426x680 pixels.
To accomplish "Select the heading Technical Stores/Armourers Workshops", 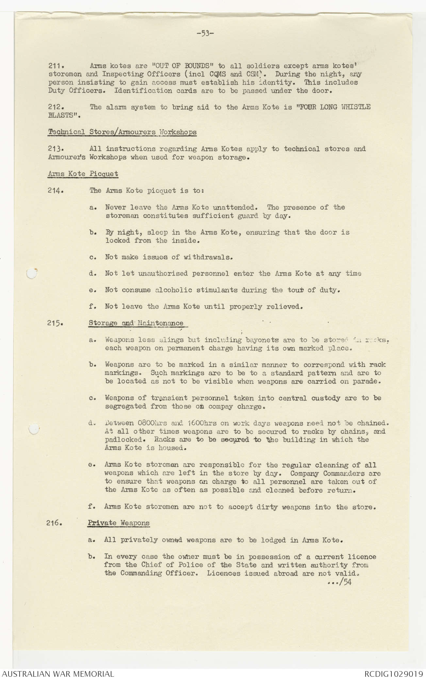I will click(122, 132).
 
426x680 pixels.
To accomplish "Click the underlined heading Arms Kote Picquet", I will click(83, 174).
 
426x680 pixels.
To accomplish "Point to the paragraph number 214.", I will click(55, 191).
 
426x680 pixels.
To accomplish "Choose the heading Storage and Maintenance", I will click(136, 323).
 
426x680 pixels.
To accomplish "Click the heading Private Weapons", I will click(119, 522).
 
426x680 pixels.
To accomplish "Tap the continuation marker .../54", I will click(339, 582).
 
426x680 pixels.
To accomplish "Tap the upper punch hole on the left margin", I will click(31, 274).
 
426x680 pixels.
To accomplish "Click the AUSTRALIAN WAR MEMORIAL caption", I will click(58, 674).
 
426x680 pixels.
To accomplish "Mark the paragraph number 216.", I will click(55, 522).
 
